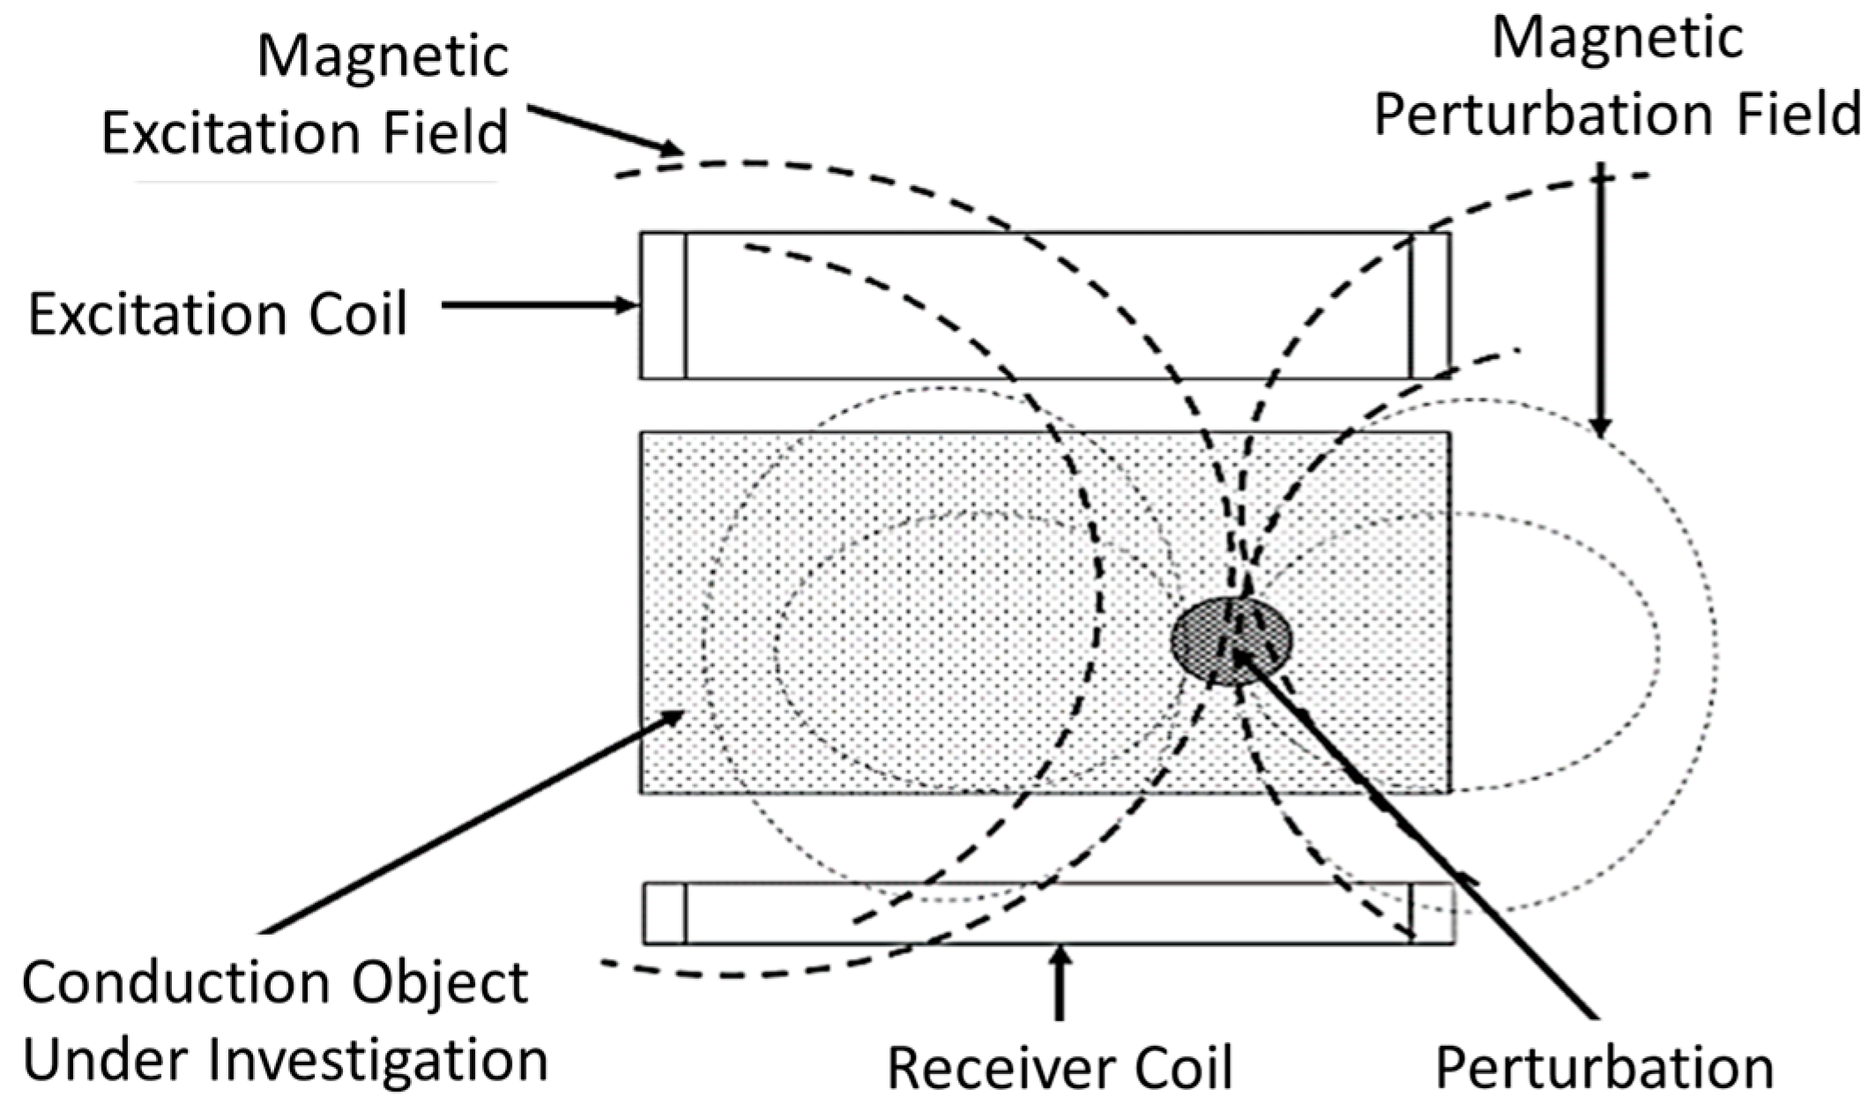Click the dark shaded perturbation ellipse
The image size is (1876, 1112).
coord(1231,641)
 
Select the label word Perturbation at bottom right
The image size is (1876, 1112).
coord(1604,1068)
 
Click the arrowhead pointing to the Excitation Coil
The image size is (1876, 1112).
coord(628,306)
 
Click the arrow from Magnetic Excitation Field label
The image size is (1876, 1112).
coord(605,131)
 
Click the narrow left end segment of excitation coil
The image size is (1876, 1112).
coord(663,306)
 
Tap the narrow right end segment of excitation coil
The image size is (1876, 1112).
coord(1430,306)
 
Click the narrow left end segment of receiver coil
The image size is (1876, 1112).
coord(665,914)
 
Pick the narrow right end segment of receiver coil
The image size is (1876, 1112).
coord(1433,914)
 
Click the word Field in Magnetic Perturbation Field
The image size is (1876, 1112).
coord(1798,116)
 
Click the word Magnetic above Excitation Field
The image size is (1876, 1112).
coord(383,56)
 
